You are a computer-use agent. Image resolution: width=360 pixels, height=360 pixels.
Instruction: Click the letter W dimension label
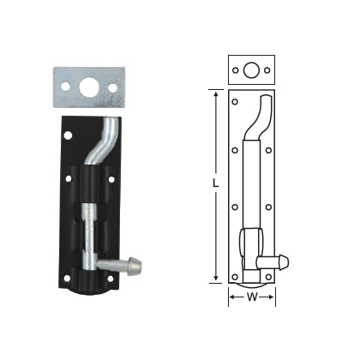(x=251, y=298)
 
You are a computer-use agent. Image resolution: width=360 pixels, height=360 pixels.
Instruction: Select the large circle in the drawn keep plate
(x=251, y=69)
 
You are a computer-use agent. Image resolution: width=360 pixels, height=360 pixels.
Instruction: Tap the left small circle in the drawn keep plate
(x=235, y=69)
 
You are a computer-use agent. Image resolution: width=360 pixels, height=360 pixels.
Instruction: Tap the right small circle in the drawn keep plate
(x=267, y=69)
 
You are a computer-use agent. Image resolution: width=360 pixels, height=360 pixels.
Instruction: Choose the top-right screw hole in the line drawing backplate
(x=268, y=101)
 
